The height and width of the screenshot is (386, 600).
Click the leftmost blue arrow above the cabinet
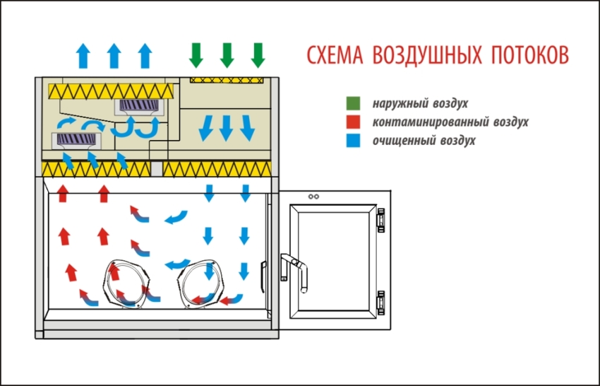pos(83,55)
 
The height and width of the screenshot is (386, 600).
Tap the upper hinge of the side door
pos(380,219)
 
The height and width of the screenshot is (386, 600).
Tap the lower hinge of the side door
pos(380,302)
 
